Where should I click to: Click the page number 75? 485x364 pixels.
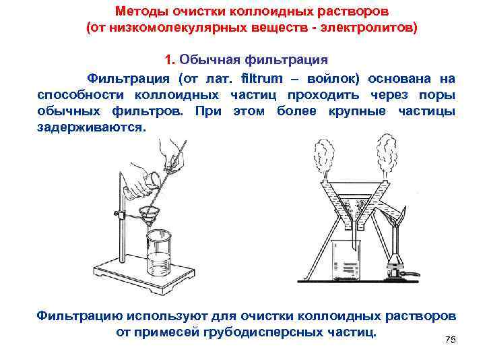[451, 340]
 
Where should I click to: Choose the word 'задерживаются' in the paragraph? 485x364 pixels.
[90, 126]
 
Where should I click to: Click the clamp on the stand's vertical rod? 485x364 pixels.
[119, 215]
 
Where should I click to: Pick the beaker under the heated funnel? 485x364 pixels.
[345, 260]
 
